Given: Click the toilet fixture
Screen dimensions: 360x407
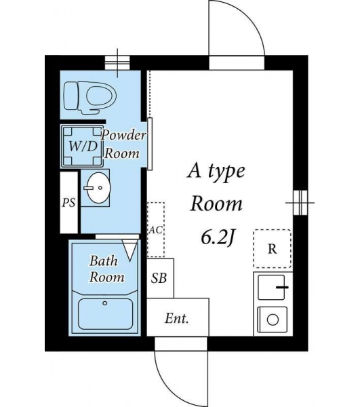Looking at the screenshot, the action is (x=90, y=98).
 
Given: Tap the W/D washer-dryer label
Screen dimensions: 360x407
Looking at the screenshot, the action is (x=83, y=147).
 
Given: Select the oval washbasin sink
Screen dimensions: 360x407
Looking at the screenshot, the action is (x=98, y=187).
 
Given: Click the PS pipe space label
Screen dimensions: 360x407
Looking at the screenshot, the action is (x=68, y=202).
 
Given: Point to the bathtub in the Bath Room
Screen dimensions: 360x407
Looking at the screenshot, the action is (x=105, y=313).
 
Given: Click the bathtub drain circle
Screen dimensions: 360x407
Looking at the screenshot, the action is (x=105, y=303).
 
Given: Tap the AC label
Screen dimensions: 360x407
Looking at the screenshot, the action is (x=156, y=230).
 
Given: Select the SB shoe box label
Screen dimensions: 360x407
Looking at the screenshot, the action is (x=159, y=278).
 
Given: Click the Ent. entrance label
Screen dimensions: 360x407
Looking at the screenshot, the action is (x=177, y=318).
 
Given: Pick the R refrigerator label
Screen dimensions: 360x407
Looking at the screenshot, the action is (x=272, y=249).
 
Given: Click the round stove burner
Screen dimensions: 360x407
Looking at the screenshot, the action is (x=273, y=319).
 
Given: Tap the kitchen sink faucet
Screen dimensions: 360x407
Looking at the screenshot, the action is (x=282, y=288).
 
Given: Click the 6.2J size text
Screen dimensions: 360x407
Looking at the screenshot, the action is (x=218, y=238).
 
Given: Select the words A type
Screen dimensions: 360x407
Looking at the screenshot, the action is (x=216, y=172).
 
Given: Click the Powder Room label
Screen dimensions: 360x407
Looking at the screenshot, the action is (x=123, y=144).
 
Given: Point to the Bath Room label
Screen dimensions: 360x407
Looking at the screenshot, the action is (x=106, y=269).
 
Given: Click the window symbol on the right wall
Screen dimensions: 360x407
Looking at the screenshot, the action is (x=300, y=202).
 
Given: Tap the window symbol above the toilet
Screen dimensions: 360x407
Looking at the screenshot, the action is (x=117, y=63).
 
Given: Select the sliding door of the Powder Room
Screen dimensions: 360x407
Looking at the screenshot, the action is (x=150, y=144).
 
